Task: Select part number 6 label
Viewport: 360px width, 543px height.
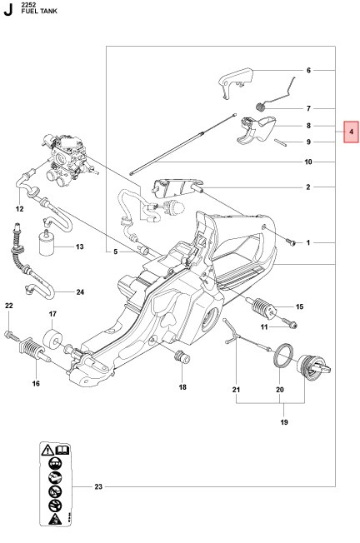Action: pyautogui.click(x=307, y=71)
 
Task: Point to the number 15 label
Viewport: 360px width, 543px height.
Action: pyautogui.click(x=298, y=307)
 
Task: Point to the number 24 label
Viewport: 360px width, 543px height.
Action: pyautogui.click(x=80, y=291)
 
